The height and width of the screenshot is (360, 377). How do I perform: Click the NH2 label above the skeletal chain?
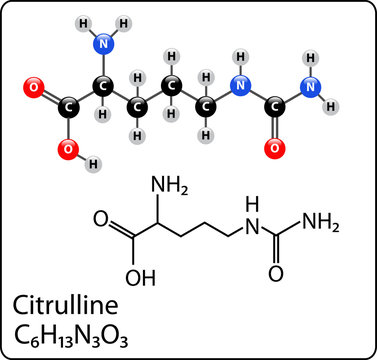tap(163, 186)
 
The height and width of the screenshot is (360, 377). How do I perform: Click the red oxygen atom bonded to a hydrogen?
tap(68, 150)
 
